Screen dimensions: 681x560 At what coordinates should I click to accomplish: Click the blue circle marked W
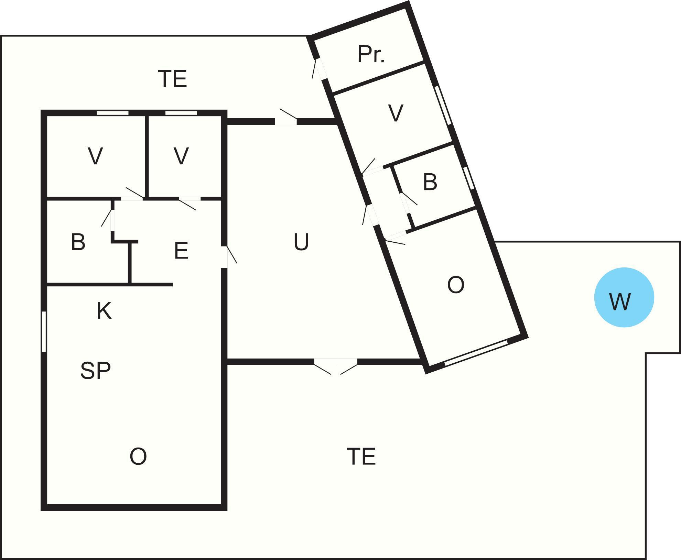click(x=624, y=297)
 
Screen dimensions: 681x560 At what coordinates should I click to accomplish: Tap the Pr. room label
click(x=371, y=54)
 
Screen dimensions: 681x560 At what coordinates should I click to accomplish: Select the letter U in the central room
click(x=301, y=242)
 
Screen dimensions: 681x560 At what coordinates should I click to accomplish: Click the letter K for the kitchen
click(x=104, y=311)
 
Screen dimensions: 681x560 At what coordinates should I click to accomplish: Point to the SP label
click(x=95, y=371)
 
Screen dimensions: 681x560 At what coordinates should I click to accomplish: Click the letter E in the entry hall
click(x=181, y=251)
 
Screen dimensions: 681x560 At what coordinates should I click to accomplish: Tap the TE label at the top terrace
click(x=172, y=79)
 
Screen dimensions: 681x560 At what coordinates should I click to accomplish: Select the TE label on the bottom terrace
click(x=361, y=456)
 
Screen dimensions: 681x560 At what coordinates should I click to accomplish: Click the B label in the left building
click(x=78, y=242)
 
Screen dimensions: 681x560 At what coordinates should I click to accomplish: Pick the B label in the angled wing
click(x=430, y=182)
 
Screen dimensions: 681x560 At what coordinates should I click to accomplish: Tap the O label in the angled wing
click(x=456, y=285)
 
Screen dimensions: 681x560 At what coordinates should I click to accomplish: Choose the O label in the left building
click(x=138, y=457)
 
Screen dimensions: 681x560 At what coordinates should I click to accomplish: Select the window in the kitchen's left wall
click(x=44, y=331)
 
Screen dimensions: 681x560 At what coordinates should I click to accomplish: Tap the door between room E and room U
click(x=227, y=256)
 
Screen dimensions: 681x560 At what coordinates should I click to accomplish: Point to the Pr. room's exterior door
click(x=319, y=69)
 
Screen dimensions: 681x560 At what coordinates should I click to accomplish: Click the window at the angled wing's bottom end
click(x=476, y=353)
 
